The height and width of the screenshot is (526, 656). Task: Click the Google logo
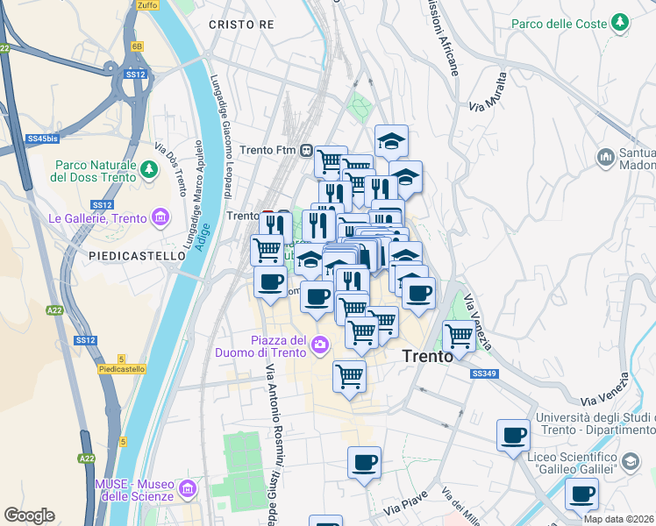29,515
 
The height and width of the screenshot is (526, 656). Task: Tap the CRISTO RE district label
241,25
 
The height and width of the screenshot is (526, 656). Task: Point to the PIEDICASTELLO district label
138,255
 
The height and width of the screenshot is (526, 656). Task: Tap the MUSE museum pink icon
186,488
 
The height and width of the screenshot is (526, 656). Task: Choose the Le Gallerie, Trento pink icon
160,217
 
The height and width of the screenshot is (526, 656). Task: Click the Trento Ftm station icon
306,150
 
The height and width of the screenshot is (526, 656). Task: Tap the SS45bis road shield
42,139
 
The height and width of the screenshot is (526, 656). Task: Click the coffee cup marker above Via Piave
364,461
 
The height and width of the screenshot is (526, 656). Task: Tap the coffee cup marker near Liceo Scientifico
513,435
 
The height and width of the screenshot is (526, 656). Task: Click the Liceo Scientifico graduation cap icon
630,460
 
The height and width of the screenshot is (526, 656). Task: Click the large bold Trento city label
427,356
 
